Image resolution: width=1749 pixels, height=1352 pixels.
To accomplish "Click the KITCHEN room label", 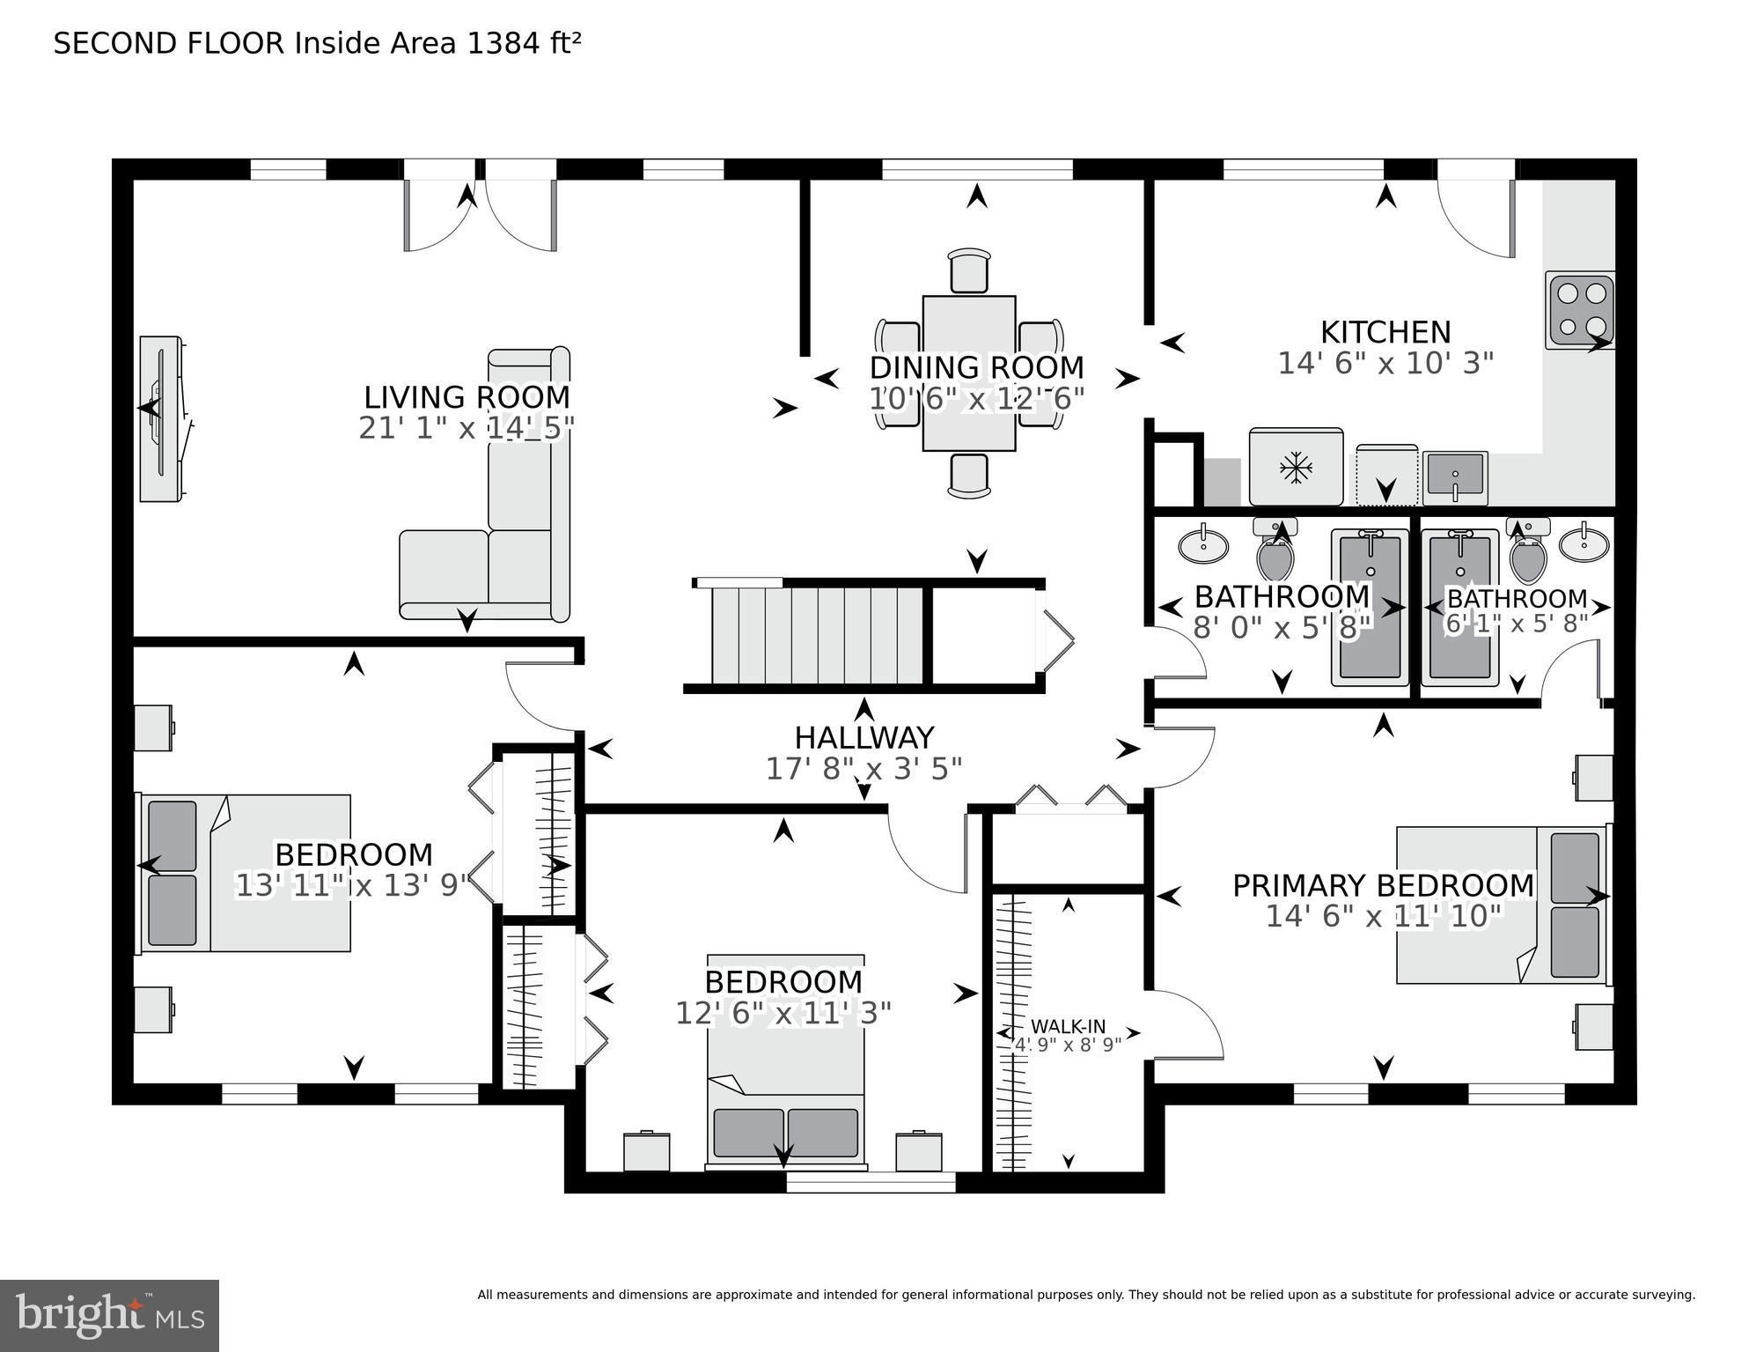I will coord(1385,332).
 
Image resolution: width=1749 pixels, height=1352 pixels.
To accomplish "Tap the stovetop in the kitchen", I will coord(1580,310).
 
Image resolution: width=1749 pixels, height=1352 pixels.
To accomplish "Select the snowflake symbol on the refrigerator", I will coord(1296,467).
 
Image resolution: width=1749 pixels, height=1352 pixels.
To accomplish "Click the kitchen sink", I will coord(1456,476).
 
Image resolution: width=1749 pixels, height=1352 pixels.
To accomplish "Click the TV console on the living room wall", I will coord(163,419).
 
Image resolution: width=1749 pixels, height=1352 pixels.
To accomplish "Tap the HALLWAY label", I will coord(863,737).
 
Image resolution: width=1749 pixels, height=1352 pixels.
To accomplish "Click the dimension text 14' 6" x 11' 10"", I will coord(1384,917).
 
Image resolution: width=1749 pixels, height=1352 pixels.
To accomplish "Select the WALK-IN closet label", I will coord(1068,1026).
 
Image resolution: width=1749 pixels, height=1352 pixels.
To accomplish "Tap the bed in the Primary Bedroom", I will coord(1501,905).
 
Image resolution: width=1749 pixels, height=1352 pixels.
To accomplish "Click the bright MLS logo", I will coord(109,1316).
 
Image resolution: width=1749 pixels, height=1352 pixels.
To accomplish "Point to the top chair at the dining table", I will coord(969,270).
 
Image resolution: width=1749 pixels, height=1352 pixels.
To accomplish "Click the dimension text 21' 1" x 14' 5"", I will coord(467,428).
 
